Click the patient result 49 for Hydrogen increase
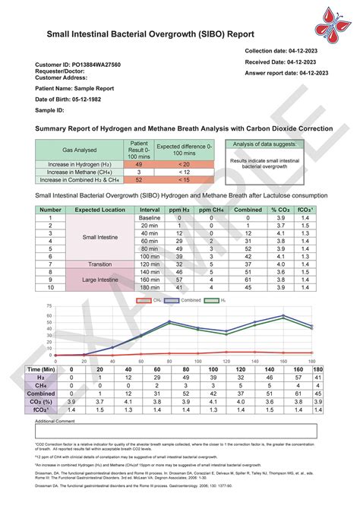(x=139, y=163)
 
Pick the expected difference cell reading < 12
(x=184, y=172)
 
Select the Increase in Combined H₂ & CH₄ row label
(x=78, y=180)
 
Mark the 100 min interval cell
(x=150, y=258)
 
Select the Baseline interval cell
(x=150, y=217)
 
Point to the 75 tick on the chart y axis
(x=28, y=306)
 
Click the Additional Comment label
(x=55, y=420)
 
